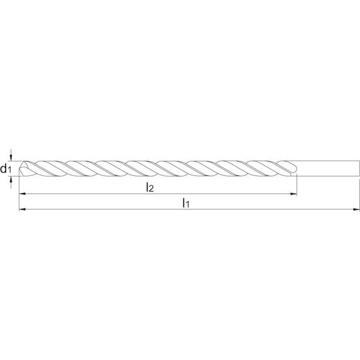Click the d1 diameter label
point(5,168)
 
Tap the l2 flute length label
point(150,188)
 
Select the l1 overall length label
point(185,203)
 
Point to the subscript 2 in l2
point(151,189)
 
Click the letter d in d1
point(3,168)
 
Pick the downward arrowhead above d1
point(11,158)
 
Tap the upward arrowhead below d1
point(11,179)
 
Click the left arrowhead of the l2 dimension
point(22,194)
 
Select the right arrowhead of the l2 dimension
point(294,194)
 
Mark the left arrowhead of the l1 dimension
point(22,209)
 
